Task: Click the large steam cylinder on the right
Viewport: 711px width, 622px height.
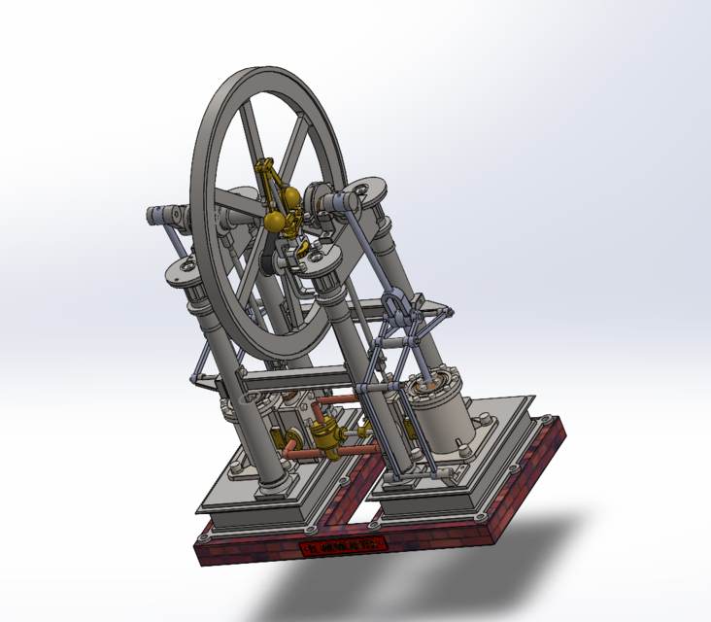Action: click(x=443, y=413)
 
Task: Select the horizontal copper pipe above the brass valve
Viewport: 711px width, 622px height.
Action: click(x=336, y=400)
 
